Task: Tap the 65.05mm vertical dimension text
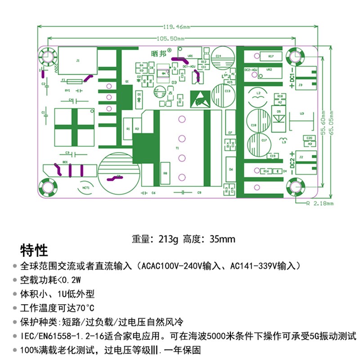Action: (x=331, y=122)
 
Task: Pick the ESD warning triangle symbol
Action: (x=199, y=99)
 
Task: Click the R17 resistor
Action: (x=271, y=56)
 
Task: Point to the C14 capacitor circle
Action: (x=223, y=58)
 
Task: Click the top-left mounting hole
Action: (x=47, y=57)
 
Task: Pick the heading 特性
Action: (x=34, y=250)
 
